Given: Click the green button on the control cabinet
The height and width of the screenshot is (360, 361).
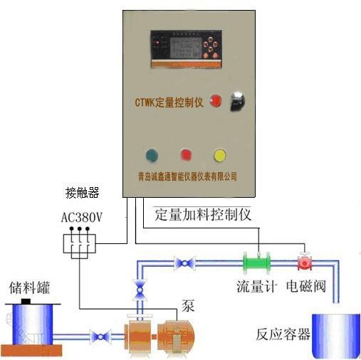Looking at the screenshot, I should click(x=152, y=154).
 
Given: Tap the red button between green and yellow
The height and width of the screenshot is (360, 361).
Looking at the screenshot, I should click(x=186, y=154).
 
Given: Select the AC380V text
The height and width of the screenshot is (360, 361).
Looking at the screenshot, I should click(x=83, y=217).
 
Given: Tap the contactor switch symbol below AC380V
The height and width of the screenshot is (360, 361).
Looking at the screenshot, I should click(x=79, y=243).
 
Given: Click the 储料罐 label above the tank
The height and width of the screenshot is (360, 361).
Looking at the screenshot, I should click(x=28, y=288).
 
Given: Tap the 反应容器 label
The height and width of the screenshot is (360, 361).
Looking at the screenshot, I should click(x=283, y=333).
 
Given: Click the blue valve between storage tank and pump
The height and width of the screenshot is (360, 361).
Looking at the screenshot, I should click(x=99, y=335).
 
